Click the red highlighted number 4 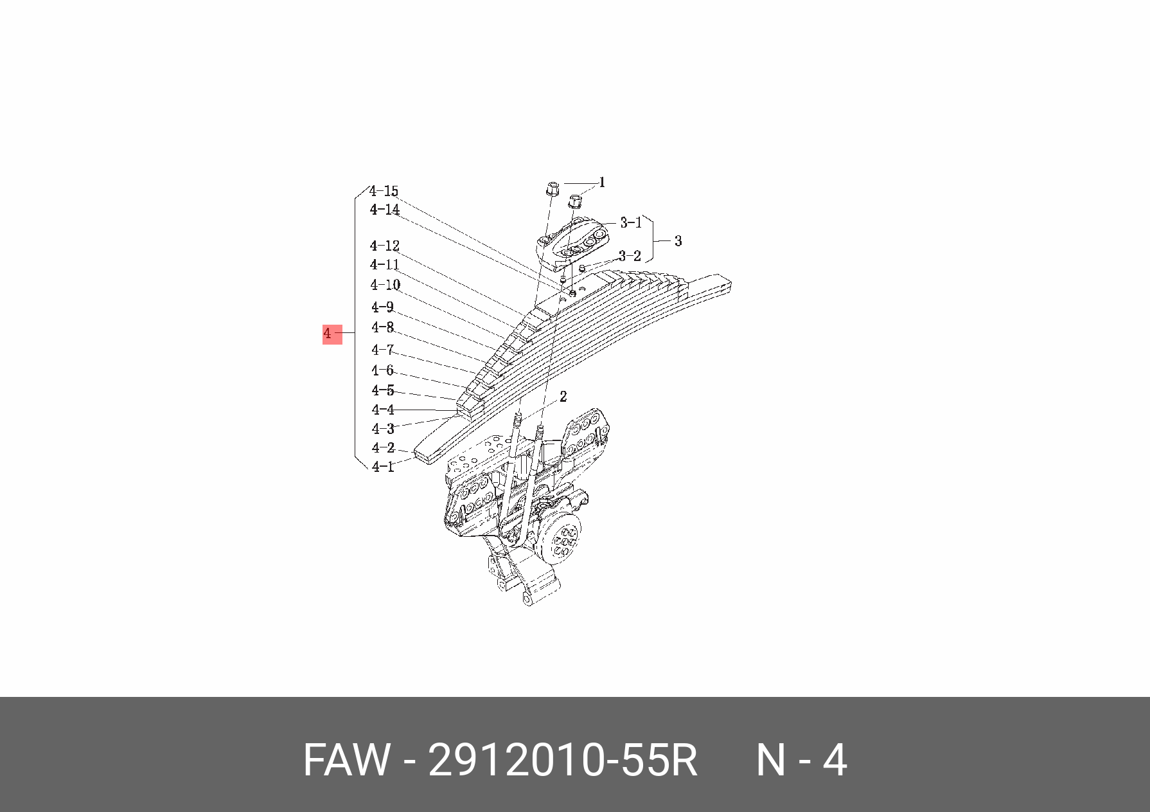(332, 334)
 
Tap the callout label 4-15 (384, 191)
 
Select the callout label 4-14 (385, 210)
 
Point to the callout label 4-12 (385, 246)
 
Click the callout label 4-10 (385, 285)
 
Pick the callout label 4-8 (382, 327)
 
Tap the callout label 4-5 (382, 390)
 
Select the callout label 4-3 (382, 428)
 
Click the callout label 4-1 (382, 467)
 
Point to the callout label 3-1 (630, 222)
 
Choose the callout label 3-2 (630, 256)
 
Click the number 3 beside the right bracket (678, 241)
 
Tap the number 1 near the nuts (602, 183)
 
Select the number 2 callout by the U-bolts (563, 397)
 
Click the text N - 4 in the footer (801, 761)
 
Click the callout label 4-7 (382, 350)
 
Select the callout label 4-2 (382, 447)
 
